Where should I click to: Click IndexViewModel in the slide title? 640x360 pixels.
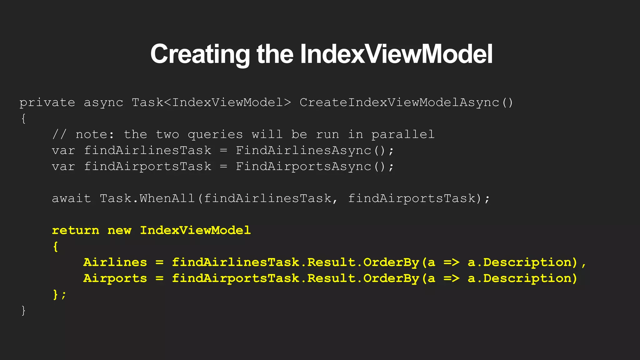396,54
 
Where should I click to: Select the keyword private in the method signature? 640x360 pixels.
47,103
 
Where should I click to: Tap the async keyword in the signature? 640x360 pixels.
103,103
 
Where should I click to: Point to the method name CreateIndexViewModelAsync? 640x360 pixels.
399,103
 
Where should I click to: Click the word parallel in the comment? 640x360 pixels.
403,135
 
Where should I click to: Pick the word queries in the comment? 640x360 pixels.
215,135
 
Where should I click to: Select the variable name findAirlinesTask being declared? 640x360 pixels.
147,151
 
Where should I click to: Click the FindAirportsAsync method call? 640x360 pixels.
303,167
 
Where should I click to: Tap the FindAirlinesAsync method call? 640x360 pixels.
303,151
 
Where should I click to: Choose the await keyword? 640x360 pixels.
71,198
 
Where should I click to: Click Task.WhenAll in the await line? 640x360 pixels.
147,198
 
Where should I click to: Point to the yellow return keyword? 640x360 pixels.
75,231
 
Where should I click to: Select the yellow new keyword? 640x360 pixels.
119,231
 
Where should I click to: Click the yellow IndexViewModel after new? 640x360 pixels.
195,231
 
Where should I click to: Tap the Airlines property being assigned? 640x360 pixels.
115,262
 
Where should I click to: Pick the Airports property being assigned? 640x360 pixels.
115,278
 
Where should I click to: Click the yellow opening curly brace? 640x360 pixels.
55,247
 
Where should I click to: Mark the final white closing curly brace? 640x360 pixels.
23,311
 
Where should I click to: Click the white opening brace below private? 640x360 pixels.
23,119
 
